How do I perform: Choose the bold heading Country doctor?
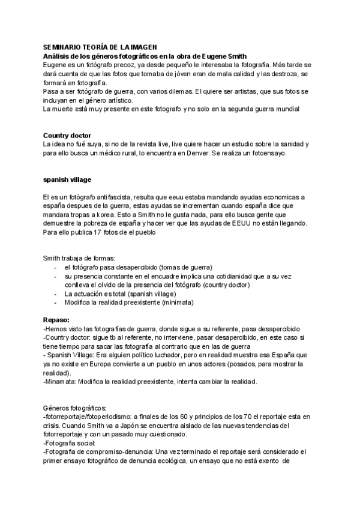tap(67, 135)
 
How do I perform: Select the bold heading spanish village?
tap(68, 179)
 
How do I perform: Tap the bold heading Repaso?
tap(56, 319)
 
